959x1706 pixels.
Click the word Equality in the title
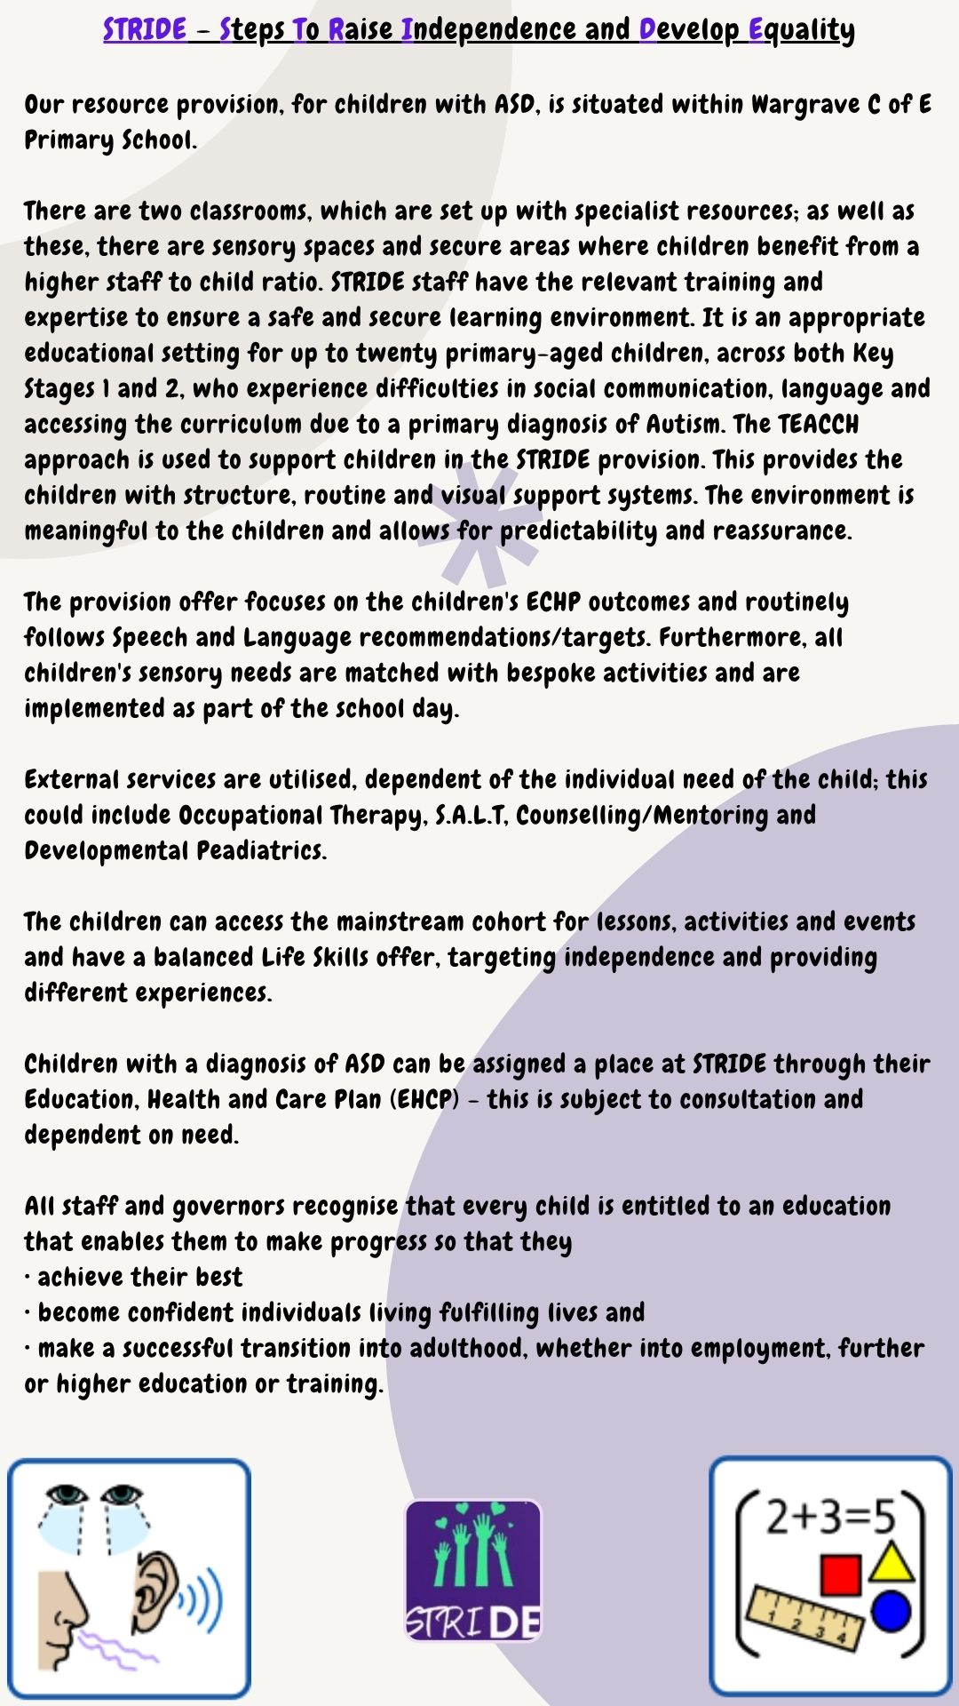(802, 30)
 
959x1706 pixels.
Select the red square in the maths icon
(840, 1575)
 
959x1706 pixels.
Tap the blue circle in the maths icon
(891, 1612)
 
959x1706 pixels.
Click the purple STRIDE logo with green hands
(473, 1569)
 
